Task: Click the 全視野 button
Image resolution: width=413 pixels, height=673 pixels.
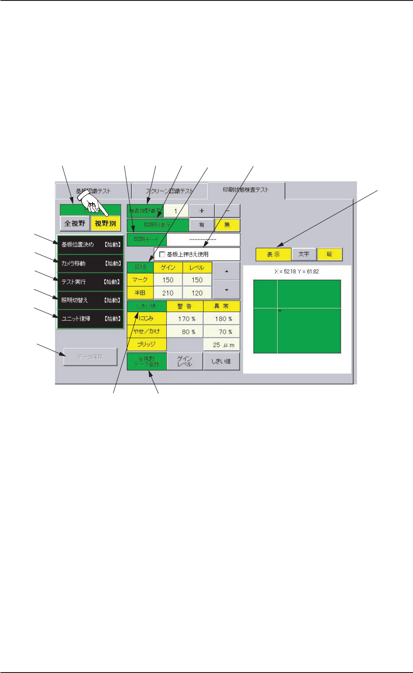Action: coord(75,223)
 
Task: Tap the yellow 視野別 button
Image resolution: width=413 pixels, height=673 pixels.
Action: coord(106,223)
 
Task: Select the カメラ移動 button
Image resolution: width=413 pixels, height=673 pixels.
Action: coord(90,263)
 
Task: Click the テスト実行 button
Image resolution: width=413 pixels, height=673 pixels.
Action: coord(90,282)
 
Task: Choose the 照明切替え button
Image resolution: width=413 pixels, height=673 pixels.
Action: coord(90,300)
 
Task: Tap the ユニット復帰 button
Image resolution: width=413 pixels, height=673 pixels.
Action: coord(90,319)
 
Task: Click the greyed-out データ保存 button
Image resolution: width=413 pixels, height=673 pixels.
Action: coord(90,357)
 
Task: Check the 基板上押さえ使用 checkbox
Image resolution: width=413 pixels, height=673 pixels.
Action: coord(162,254)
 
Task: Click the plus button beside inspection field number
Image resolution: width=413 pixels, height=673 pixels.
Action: coord(202,211)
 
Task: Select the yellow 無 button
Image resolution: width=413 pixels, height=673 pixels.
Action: coord(227,225)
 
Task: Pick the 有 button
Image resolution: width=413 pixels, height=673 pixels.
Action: coord(202,225)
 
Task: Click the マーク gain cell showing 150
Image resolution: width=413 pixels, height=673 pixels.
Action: coord(168,280)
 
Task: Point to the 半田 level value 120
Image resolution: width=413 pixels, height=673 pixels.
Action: coord(197,293)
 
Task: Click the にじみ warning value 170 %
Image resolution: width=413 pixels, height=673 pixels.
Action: coord(185,319)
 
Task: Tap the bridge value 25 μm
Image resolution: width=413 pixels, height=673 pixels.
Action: coord(222,345)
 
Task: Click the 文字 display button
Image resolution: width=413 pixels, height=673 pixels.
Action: coord(304,254)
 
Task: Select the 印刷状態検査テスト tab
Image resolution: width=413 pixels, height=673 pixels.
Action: coord(246,190)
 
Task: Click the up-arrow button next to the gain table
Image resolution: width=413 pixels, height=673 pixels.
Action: coord(227,271)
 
